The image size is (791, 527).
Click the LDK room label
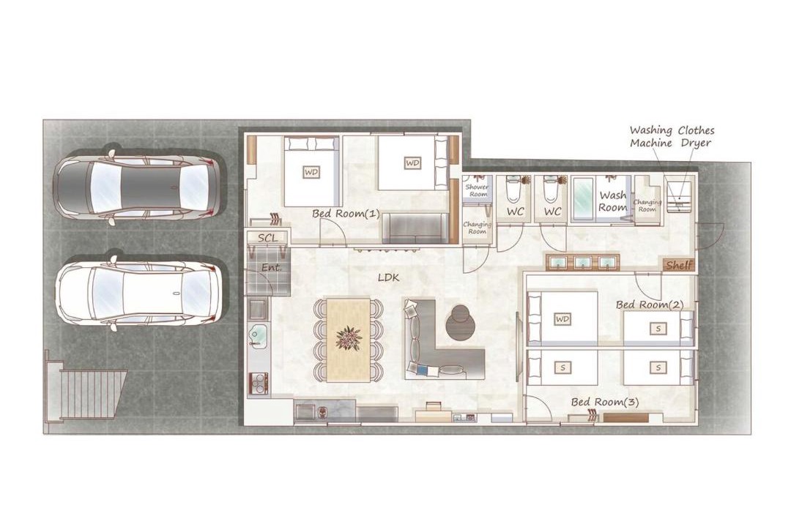(x=388, y=277)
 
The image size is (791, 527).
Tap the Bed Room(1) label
(x=346, y=213)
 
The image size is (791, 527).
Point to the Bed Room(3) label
(x=605, y=402)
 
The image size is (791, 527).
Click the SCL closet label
(x=267, y=238)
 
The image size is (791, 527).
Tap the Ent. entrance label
(x=271, y=268)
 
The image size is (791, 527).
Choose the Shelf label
(x=679, y=265)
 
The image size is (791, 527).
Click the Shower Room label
(x=477, y=190)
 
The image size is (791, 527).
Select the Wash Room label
(x=613, y=201)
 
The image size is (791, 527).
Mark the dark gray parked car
(x=137, y=186)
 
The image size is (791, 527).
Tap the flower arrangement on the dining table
(x=348, y=338)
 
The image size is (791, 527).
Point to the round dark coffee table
(x=460, y=324)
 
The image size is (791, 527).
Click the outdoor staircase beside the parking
(x=86, y=392)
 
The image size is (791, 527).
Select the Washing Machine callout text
(x=651, y=137)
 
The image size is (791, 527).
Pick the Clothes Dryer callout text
(x=697, y=137)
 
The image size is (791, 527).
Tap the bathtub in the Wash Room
(x=584, y=198)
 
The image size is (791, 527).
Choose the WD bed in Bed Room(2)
(x=562, y=318)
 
